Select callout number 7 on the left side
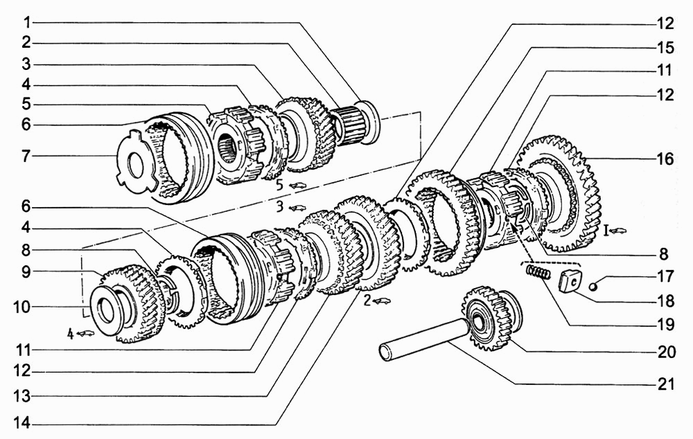(x=26, y=156)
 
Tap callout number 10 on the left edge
(x=21, y=307)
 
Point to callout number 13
(x=21, y=396)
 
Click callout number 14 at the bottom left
(x=21, y=424)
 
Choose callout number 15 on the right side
(x=665, y=48)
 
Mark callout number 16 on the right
(x=665, y=159)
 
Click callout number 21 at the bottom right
(x=666, y=384)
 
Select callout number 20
(x=666, y=352)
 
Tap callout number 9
(x=26, y=271)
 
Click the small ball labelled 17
(x=595, y=287)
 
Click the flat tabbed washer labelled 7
(x=137, y=156)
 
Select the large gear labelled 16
(x=561, y=195)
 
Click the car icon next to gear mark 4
(x=86, y=334)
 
